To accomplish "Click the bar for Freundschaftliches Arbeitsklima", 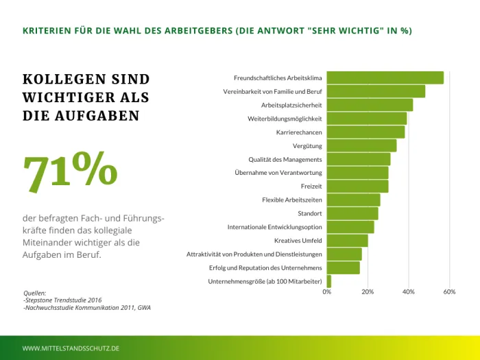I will click(385, 77).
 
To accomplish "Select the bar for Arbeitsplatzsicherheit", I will click(370, 105).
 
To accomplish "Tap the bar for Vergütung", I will click(361, 145).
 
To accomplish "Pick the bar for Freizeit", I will click(357, 187).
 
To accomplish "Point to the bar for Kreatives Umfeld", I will click(347, 241).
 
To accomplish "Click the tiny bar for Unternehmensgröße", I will click(329, 281).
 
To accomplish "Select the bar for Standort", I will click(352, 213).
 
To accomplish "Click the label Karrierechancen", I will click(299, 132).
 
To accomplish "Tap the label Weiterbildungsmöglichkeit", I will click(285, 119).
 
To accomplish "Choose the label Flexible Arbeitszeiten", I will click(292, 200).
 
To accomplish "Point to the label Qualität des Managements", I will click(285, 159).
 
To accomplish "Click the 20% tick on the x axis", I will click(368, 292).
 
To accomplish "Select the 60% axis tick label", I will click(450, 292).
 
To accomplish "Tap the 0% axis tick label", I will click(327, 292).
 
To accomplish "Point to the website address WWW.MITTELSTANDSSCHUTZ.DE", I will click(71, 348).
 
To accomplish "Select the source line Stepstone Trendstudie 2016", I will click(62, 300).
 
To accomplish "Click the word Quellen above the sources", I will click(35, 293).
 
